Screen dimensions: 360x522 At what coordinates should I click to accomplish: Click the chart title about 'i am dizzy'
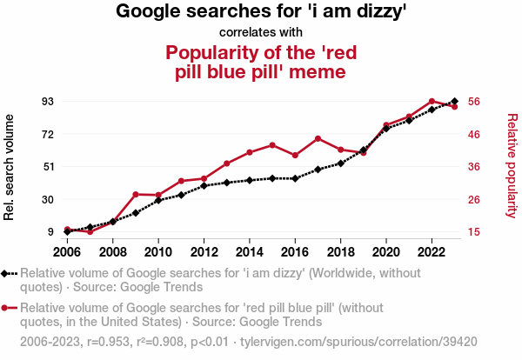[261, 12]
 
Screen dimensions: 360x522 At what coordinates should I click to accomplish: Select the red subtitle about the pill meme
[261, 61]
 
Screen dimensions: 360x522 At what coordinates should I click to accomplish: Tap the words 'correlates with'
[261, 33]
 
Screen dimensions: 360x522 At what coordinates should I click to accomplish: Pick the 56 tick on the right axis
[474, 101]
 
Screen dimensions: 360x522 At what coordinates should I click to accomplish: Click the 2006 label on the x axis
[67, 252]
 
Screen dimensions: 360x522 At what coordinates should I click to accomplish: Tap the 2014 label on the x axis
[249, 252]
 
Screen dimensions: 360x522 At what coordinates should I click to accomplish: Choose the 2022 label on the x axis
[432, 252]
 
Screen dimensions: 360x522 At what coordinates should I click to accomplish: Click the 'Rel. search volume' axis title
[10, 165]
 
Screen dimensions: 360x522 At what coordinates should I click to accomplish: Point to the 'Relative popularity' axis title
[512, 165]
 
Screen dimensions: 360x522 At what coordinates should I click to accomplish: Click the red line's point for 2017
[318, 138]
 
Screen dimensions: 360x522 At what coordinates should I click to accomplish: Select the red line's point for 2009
[136, 194]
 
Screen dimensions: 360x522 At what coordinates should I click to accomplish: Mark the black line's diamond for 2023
[455, 101]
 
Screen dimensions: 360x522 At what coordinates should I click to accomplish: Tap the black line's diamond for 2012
[204, 185]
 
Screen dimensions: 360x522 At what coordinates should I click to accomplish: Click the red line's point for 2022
[432, 101]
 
